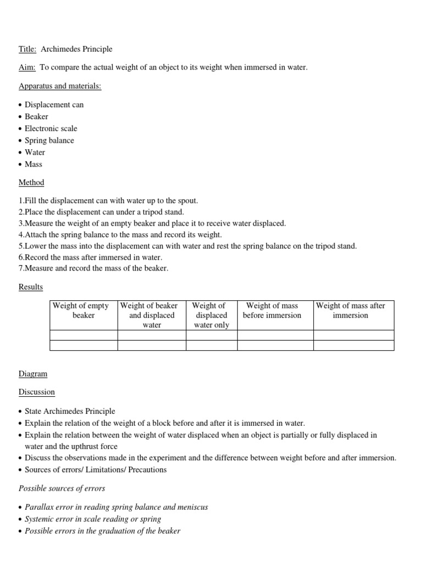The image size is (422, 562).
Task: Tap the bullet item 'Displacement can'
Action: click(x=54, y=104)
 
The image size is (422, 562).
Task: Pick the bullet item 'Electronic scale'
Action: click(x=51, y=128)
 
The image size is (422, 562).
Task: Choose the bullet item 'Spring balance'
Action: click(x=49, y=140)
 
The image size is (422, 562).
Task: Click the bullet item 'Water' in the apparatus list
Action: click(x=35, y=152)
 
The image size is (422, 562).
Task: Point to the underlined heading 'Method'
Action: click(x=31, y=182)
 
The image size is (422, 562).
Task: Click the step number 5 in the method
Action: click(x=21, y=246)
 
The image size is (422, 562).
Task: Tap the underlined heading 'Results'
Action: click(x=31, y=286)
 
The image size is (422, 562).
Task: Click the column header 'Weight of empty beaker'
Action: click(x=84, y=310)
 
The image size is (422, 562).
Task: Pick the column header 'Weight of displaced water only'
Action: click(x=212, y=315)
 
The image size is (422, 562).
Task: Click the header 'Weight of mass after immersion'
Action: click(x=351, y=310)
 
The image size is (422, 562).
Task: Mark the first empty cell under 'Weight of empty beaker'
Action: click(x=84, y=335)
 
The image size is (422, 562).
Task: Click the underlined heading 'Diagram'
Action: click(x=33, y=374)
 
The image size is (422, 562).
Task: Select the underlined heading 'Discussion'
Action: click(x=37, y=392)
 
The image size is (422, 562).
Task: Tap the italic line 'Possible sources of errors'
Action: click(x=62, y=488)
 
